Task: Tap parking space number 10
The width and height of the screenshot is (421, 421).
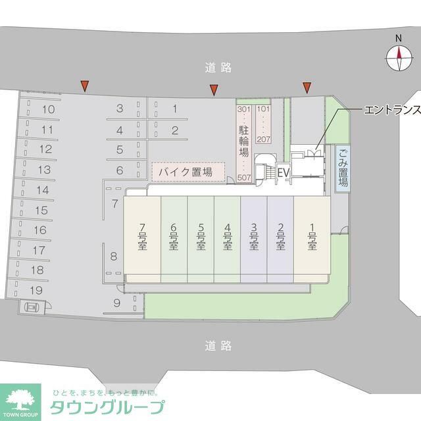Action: pyautogui.click(x=47, y=109)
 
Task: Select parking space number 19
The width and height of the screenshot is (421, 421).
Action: pyautogui.click(x=36, y=289)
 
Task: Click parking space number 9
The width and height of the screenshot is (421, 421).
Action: pyautogui.click(x=116, y=303)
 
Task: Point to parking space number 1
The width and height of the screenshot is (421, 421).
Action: pyautogui.click(x=175, y=109)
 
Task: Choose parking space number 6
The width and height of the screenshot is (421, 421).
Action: pyautogui.click(x=120, y=170)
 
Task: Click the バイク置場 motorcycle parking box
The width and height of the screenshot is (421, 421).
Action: pyautogui.click(x=188, y=172)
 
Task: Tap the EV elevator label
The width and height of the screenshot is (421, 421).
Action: pyautogui.click(x=284, y=172)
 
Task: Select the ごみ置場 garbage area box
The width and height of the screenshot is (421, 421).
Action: pyautogui.click(x=343, y=168)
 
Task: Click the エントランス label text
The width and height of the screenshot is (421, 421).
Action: pyautogui.click(x=391, y=110)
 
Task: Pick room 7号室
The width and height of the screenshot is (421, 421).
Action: pyautogui.click(x=142, y=237)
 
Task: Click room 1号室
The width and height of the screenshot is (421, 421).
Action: pyautogui.click(x=312, y=237)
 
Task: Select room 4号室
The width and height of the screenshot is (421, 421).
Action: pyautogui.click(x=227, y=237)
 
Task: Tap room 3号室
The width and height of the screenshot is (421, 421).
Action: pyautogui.click(x=254, y=237)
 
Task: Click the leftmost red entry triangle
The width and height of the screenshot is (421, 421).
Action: pyautogui.click(x=84, y=85)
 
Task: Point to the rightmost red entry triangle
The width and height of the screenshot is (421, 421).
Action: pyautogui.click(x=307, y=87)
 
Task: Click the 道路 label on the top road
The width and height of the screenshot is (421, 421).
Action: pyautogui.click(x=218, y=67)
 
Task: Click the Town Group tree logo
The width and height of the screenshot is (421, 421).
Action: pyautogui.click(x=20, y=399)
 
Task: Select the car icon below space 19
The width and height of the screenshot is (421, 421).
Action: pyautogui.click(x=31, y=306)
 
